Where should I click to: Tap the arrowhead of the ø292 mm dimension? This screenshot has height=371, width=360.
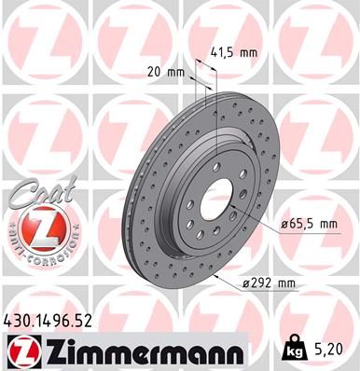[x=215, y=277]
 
